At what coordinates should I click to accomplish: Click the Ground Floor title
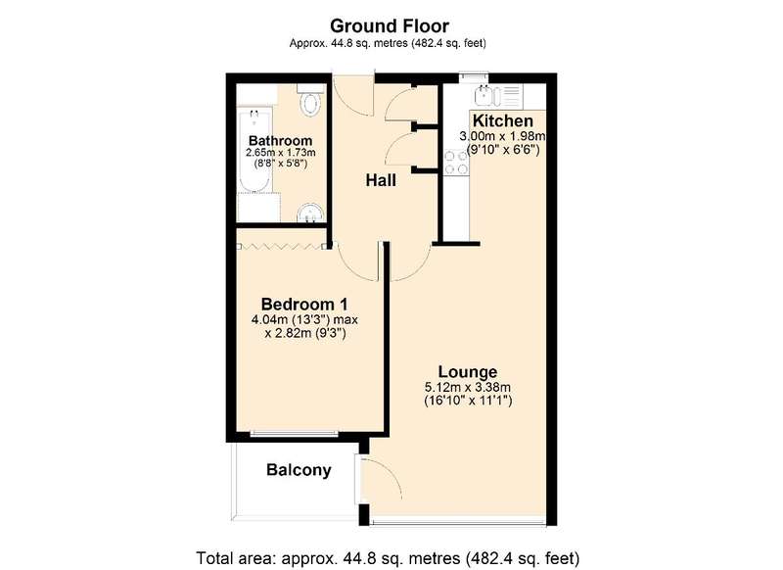coord(390,25)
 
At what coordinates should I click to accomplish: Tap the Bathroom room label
coord(280,140)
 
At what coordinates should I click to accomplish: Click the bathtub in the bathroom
coord(254,150)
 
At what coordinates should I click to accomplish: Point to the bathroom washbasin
coord(310,214)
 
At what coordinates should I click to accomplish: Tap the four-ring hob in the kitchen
coord(456,163)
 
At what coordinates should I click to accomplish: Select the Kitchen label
coord(502,120)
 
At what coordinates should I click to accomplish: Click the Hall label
coord(381,180)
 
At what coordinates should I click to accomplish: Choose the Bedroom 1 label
coord(304,304)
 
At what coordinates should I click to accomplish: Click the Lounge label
coord(468,371)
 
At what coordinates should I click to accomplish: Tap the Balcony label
coord(299,469)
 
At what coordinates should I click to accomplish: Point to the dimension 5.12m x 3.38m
coord(468,387)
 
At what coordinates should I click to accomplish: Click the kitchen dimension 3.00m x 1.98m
coord(502,136)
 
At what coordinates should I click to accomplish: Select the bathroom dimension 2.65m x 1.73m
coord(280,153)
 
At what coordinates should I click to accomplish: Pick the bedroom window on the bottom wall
coord(295,433)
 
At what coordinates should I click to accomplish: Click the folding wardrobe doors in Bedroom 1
coord(283,246)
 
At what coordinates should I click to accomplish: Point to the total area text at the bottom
coord(388,557)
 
